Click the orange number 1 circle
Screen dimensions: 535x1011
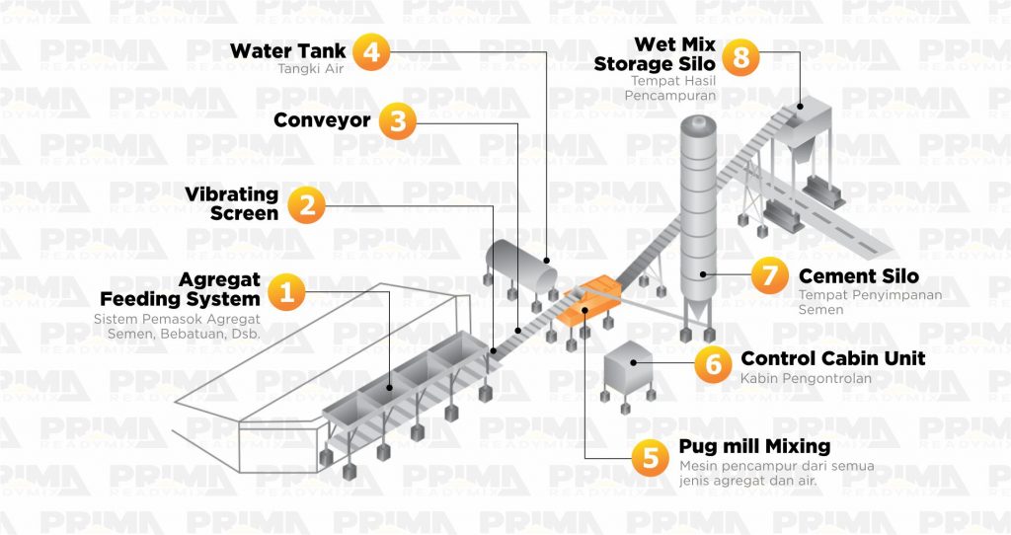pos(286,292)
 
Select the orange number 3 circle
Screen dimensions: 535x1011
pos(397,121)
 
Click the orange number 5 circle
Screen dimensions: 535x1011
pos(650,456)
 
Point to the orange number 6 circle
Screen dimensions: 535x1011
pos(711,364)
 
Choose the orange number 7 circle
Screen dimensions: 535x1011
pos(769,276)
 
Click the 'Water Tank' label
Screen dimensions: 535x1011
pos(288,50)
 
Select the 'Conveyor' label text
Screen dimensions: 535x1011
pos(322,120)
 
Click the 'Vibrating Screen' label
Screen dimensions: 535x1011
pos(232,203)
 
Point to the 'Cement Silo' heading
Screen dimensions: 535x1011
pos(858,276)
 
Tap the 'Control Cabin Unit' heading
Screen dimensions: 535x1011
pos(832,358)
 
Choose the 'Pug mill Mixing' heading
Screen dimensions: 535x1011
pos(754,446)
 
